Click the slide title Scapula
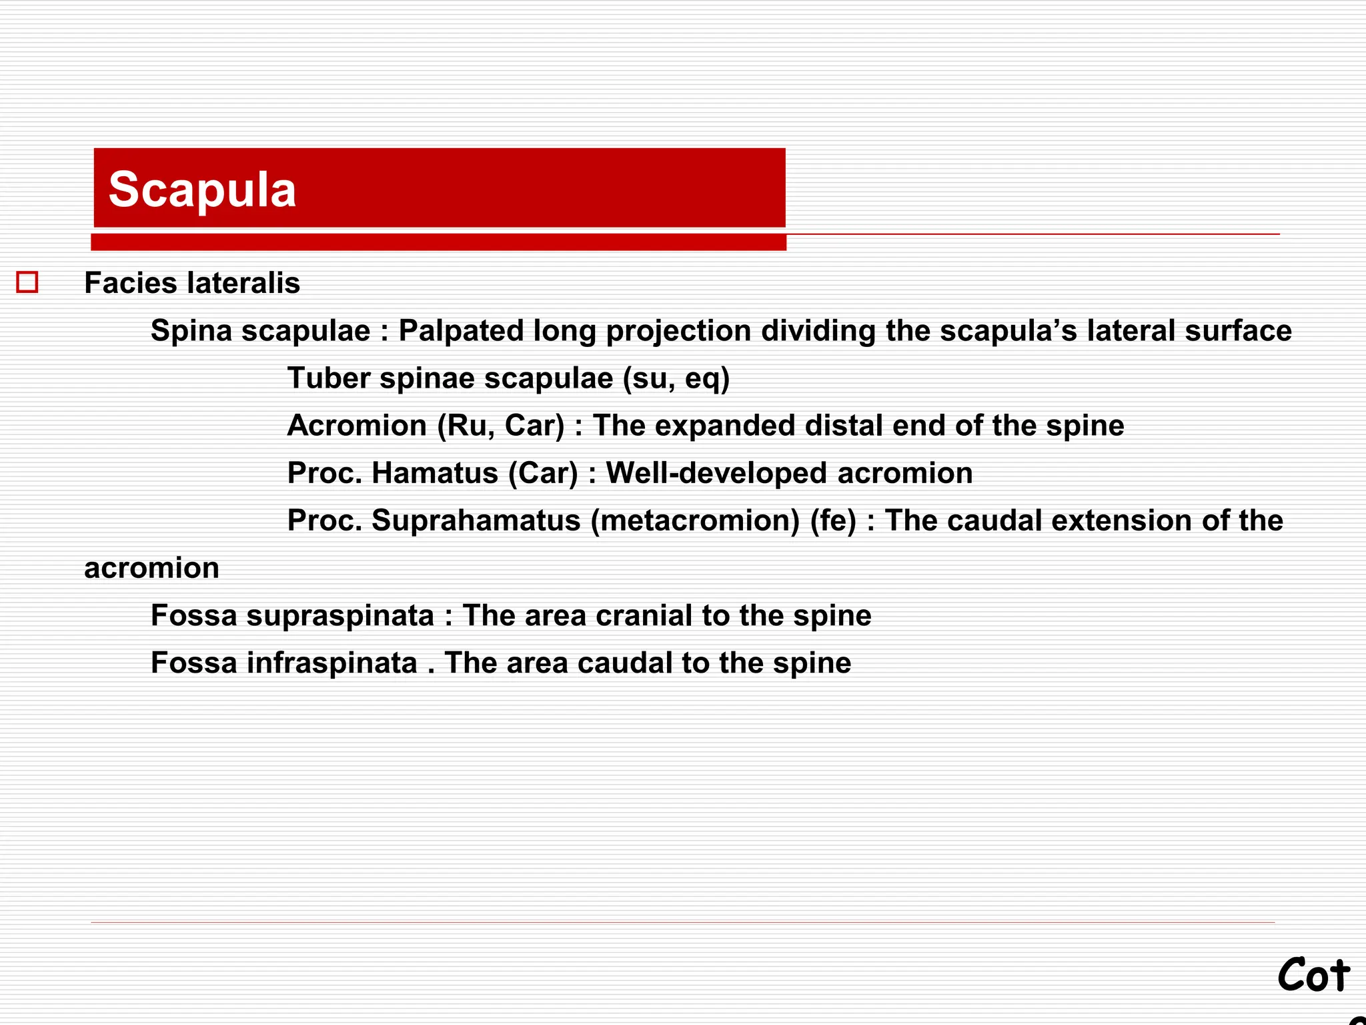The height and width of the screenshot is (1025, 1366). [x=202, y=190]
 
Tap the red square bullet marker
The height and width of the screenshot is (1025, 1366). [x=27, y=282]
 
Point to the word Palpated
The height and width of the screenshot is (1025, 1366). [x=461, y=331]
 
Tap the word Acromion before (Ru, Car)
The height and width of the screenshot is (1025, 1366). [x=357, y=426]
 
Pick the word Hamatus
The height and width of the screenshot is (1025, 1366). [x=435, y=473]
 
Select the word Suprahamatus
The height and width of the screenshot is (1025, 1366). [x=476, y=521]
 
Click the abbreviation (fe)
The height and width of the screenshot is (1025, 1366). [x=833, y=521]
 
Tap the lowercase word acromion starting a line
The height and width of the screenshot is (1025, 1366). [x=151, y=568]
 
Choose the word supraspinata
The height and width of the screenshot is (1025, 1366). [x=340, y=615]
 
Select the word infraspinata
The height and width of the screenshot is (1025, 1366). [x=332, y=663]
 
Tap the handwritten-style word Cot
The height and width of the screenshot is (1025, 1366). [x=1313, y=976]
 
